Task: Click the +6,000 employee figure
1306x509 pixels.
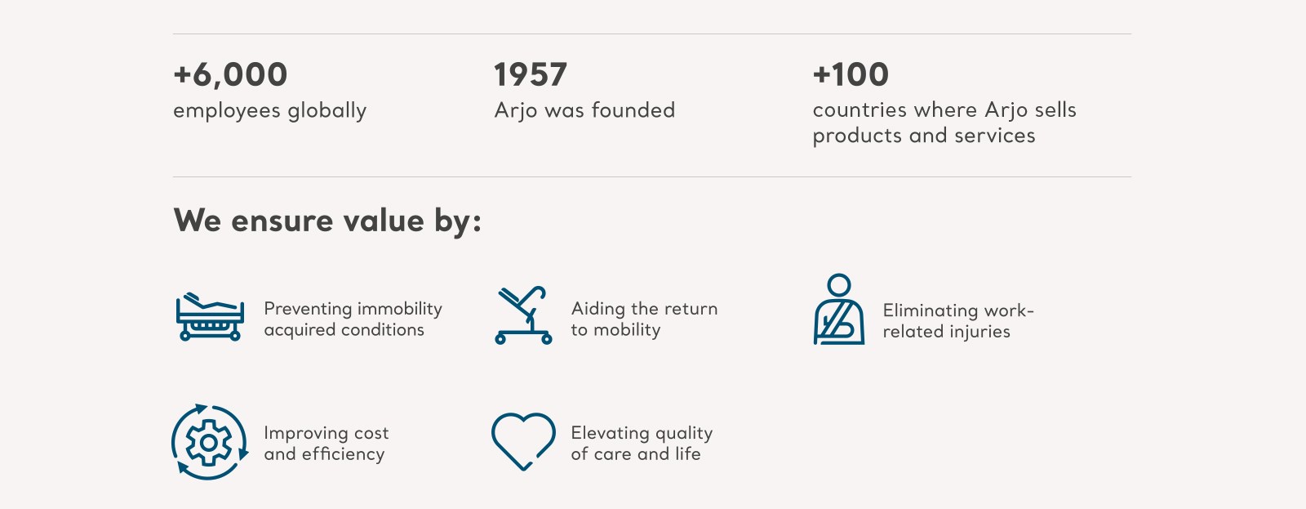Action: (230, 74)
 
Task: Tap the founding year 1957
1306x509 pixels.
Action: (530, 74)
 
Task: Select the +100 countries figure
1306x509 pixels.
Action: (851, 74)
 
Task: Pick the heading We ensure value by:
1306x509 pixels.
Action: (327, 221)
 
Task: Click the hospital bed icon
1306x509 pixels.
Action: (210, 316)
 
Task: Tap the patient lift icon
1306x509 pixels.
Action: (523, 315)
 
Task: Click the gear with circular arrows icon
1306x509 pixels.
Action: (209, 443)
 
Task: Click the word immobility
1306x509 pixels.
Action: (399, 309)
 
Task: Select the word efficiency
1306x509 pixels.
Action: (343, 454)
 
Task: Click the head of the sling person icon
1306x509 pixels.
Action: (839, 285)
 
